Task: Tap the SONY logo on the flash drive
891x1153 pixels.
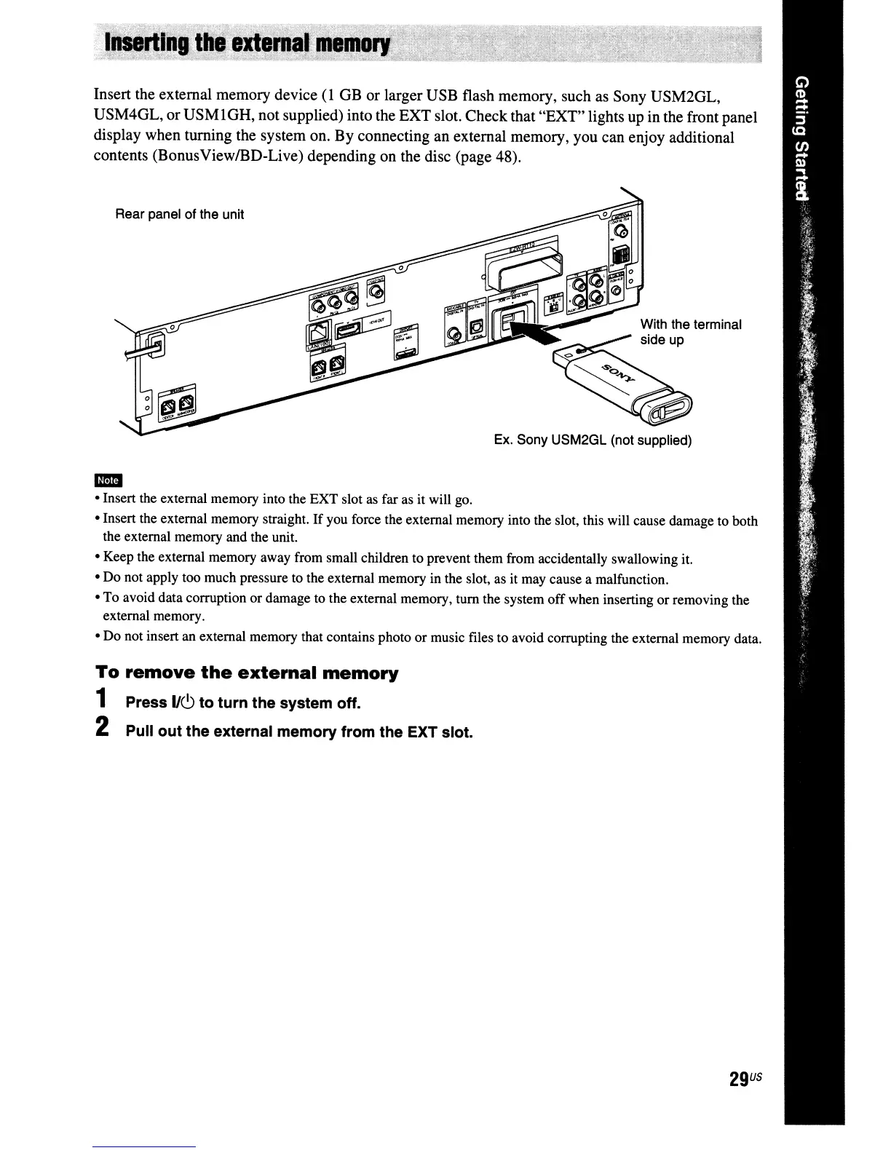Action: pyautogui.click(x=618, y=376)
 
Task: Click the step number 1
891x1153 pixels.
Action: pyautogui.click(x=103, y=700)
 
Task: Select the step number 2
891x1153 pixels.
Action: pyautogui.click(x=103, y=728)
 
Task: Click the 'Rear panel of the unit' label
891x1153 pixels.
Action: pyautogui.click(x=179, y=214)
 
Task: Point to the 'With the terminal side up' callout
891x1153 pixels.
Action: pyautogui.click(x=690, y=332)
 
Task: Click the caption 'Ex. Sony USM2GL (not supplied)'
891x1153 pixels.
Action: pyautogui.click(x=593, y=440)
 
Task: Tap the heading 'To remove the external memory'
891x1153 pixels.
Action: pyautogui.click(x=247, y=673)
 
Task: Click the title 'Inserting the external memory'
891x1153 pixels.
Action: pyautogui.click(x=248, y=44)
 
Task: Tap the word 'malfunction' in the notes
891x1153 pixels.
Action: pyautogui.click(x=625, y=579)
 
